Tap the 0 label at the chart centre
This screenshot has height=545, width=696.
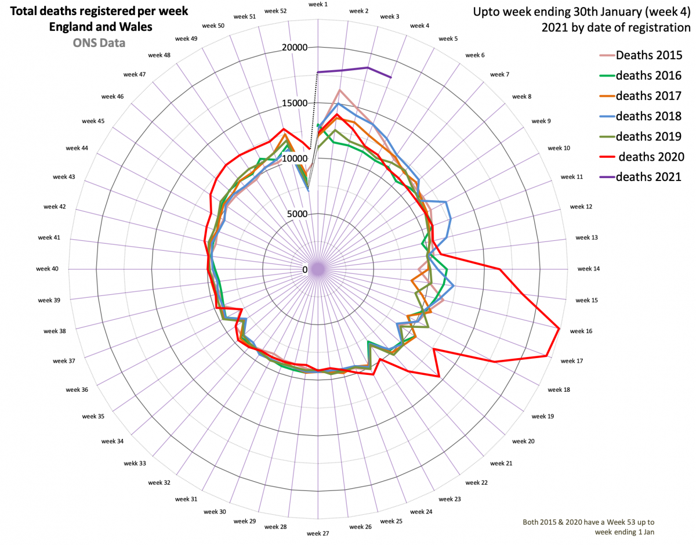305,269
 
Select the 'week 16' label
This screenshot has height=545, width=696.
581,331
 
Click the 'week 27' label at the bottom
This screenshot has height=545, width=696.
318,533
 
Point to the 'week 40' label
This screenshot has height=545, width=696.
47,269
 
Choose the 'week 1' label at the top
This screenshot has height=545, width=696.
318,5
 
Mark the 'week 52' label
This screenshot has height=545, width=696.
275,11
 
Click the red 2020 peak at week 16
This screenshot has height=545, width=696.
559,329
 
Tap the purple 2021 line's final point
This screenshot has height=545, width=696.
391,77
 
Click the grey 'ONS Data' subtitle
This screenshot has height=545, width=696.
98,42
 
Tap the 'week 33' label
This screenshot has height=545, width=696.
135,463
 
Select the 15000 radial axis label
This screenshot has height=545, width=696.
294,103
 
